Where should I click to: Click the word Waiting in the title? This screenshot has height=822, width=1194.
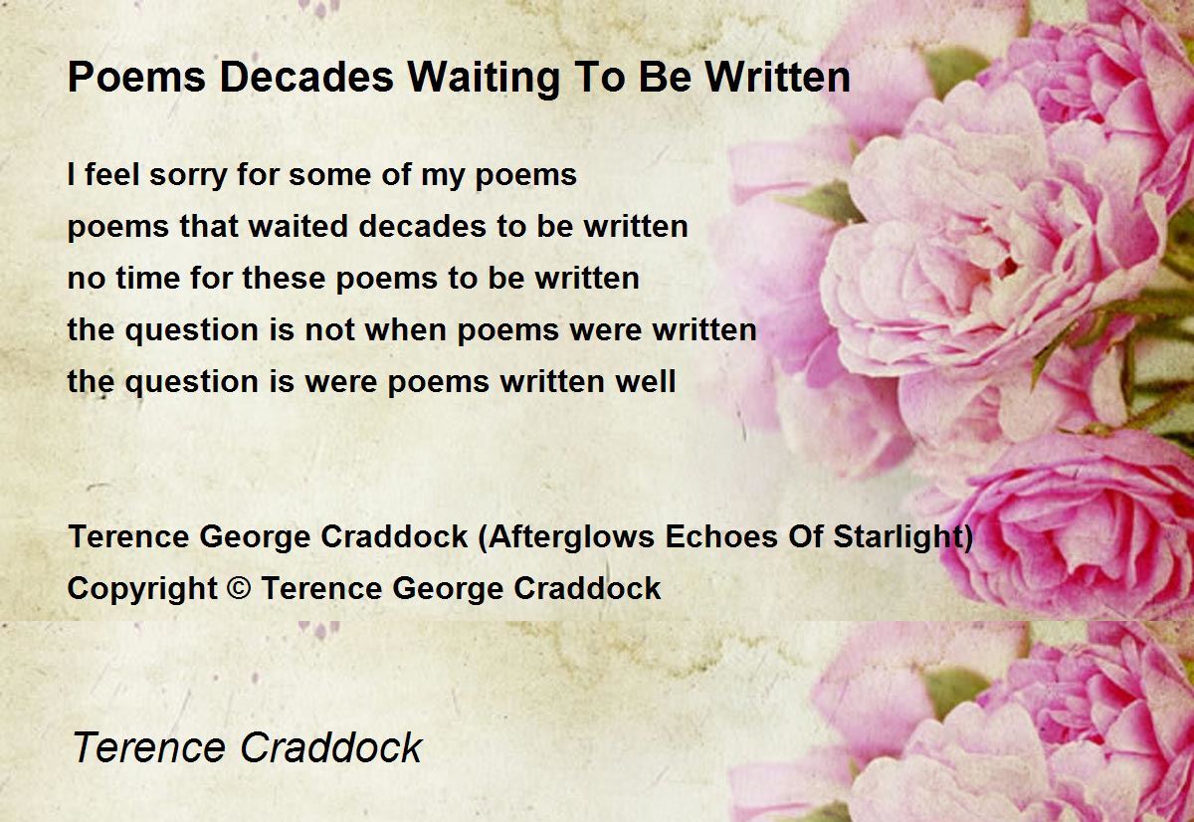(484, 78)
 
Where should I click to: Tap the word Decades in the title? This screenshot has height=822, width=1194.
(306, 78)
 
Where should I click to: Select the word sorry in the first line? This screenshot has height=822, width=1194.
(188, 175)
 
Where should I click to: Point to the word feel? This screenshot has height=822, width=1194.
(111, 174)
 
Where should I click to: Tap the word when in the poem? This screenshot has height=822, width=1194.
(407, 329)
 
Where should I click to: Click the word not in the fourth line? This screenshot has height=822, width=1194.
(329, 330)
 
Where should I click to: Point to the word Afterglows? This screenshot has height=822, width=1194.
(570, 536)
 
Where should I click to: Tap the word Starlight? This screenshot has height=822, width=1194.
(898, 536)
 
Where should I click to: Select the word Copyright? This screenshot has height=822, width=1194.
(142, 589)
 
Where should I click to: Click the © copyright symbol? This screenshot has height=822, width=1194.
(240, 588)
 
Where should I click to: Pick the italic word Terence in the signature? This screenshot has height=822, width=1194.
(148, 747)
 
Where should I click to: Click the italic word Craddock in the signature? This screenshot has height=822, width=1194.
(331, 746)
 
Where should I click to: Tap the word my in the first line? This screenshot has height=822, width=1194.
(443, 176)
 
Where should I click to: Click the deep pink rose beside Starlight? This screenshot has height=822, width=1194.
(1072, 527)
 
